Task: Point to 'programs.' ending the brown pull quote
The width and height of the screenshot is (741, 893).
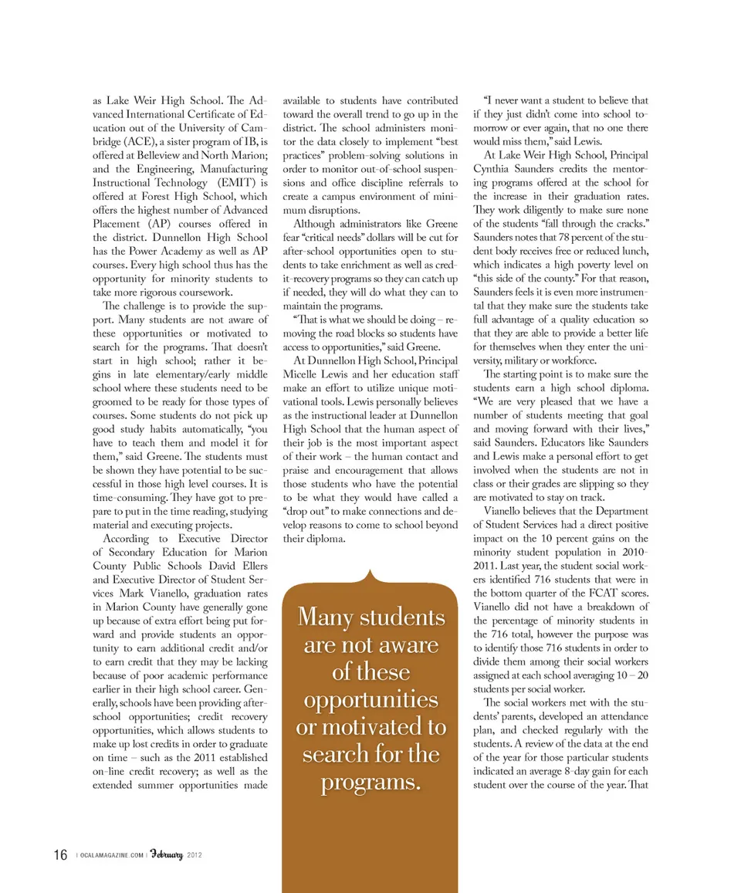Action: (371, 782)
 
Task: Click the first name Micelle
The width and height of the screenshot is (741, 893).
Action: (302, 374)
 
